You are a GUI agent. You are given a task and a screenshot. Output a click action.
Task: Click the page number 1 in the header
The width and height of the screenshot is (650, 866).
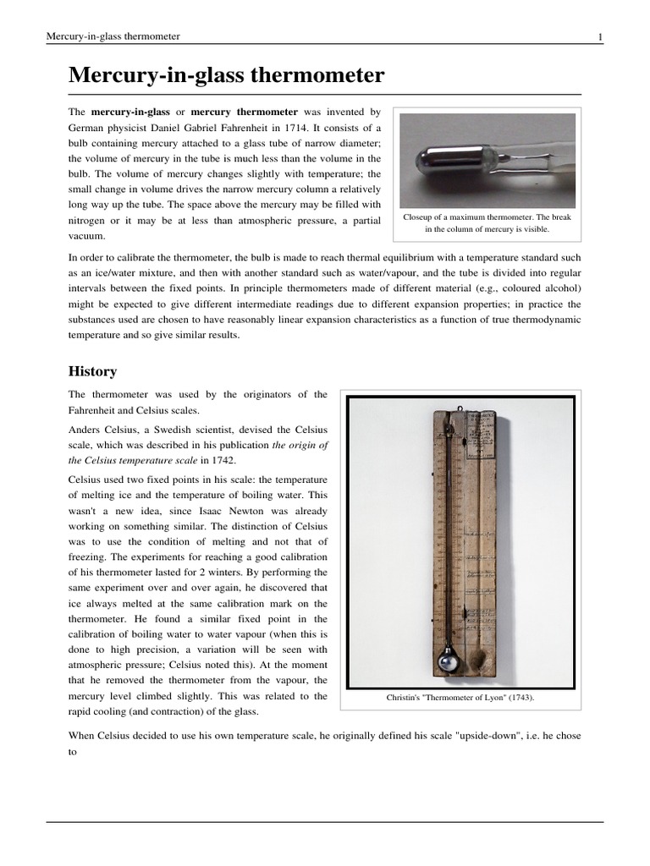[599, 36]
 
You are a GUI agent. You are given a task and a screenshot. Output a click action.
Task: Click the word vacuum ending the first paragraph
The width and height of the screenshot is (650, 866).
[88, 237]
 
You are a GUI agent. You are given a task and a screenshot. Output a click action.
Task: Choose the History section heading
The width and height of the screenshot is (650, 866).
[92, 371]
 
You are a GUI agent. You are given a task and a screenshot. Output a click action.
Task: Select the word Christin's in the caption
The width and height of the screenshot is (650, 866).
[405, 698]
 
